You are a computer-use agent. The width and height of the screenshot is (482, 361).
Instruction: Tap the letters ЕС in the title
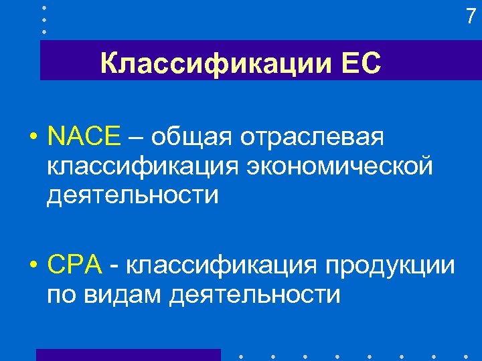[361, 65]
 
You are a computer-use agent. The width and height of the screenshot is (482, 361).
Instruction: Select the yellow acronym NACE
[84, 136]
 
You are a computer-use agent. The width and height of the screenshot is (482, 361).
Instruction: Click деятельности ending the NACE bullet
[133, 195]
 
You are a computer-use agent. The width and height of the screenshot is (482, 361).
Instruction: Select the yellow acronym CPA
[74, 265]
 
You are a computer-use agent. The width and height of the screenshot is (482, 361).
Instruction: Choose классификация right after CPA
[222, 267]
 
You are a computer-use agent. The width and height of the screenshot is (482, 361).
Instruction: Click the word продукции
[390, 267]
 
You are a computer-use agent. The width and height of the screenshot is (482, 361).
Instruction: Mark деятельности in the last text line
[255, 294]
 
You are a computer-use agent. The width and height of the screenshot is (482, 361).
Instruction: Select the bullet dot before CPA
[32, 267]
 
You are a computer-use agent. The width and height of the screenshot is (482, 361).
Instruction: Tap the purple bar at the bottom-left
[128, 354]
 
